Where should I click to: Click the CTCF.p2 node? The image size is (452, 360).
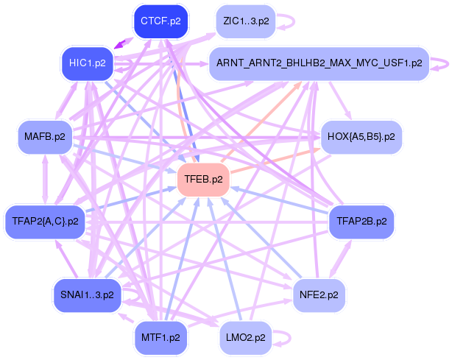click(x=161, y=21)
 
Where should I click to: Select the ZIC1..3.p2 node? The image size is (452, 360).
click(x=246, y=21)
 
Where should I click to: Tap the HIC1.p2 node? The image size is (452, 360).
click(x=88, y=63)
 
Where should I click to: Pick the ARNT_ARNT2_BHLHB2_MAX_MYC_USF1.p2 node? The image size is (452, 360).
click(x=319, y=63)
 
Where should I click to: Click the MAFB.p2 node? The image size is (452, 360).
click(x=45, y=137)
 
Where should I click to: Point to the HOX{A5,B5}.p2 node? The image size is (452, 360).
click(x=361, y=137)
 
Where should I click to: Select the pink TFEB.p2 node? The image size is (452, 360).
click(x=203, y=180)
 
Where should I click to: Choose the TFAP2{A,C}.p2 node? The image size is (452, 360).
click(x=45, y=222)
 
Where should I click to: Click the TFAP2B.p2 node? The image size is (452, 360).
click(x=361, y=222)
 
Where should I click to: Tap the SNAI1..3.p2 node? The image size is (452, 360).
click(x=87, y=295)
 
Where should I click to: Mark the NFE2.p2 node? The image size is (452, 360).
click(x=319, y=295)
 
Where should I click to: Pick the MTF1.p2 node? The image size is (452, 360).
click(x=160, y=338)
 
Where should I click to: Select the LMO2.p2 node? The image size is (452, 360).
click(x=246, y=338)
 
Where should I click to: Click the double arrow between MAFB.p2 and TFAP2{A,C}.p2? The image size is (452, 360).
click(x=45, y=180)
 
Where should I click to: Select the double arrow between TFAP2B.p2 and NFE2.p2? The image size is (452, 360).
click(x=340, y=259)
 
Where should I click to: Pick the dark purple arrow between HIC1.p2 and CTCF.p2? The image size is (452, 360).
click(x=124, y=43)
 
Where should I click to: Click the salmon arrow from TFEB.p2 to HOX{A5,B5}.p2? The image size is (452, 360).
click(x=275, y=160)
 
